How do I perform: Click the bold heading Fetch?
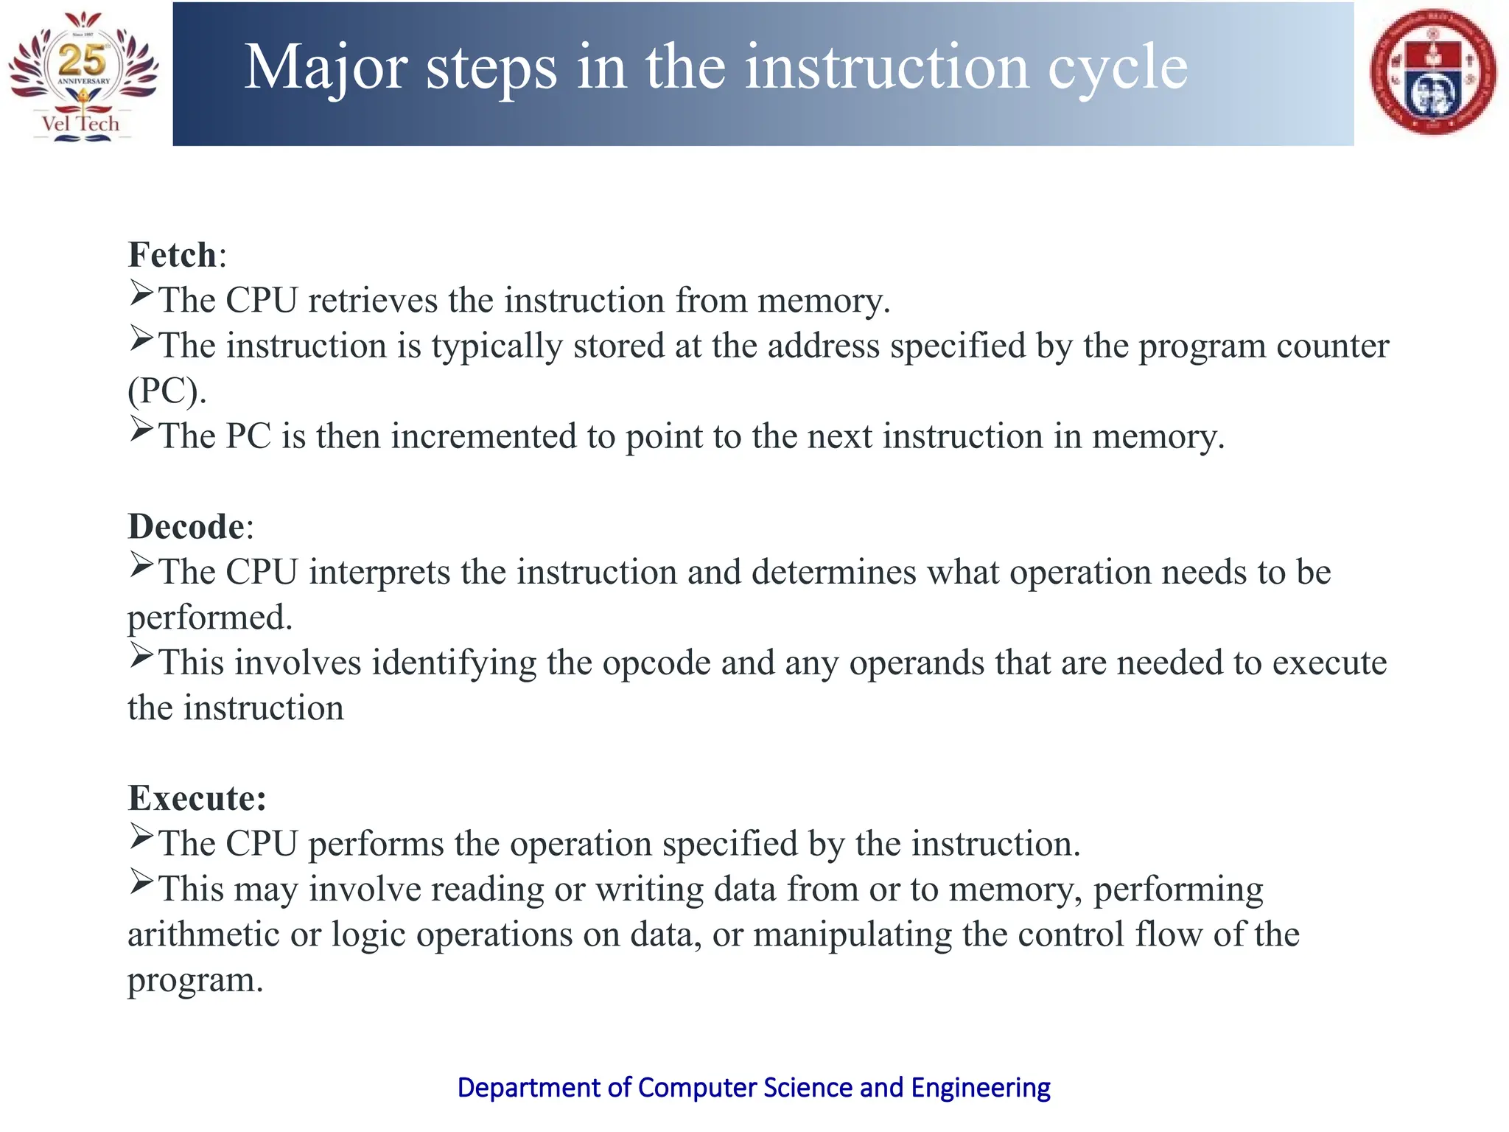point(172,255)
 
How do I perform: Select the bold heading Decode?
point(186,527)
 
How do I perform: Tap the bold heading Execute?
point(195,798)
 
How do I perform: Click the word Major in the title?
point(325,68)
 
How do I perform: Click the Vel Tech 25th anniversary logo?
point(83,75)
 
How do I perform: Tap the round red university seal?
point(1432,71)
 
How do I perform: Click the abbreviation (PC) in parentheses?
point(167,391)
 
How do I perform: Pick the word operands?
point(917,663)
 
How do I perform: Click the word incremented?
point(483,436)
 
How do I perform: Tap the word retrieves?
point(372,301)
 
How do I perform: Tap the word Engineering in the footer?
point(980,1088)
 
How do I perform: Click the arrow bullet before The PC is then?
point(141,429)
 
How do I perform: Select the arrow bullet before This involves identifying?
point(141,655)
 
